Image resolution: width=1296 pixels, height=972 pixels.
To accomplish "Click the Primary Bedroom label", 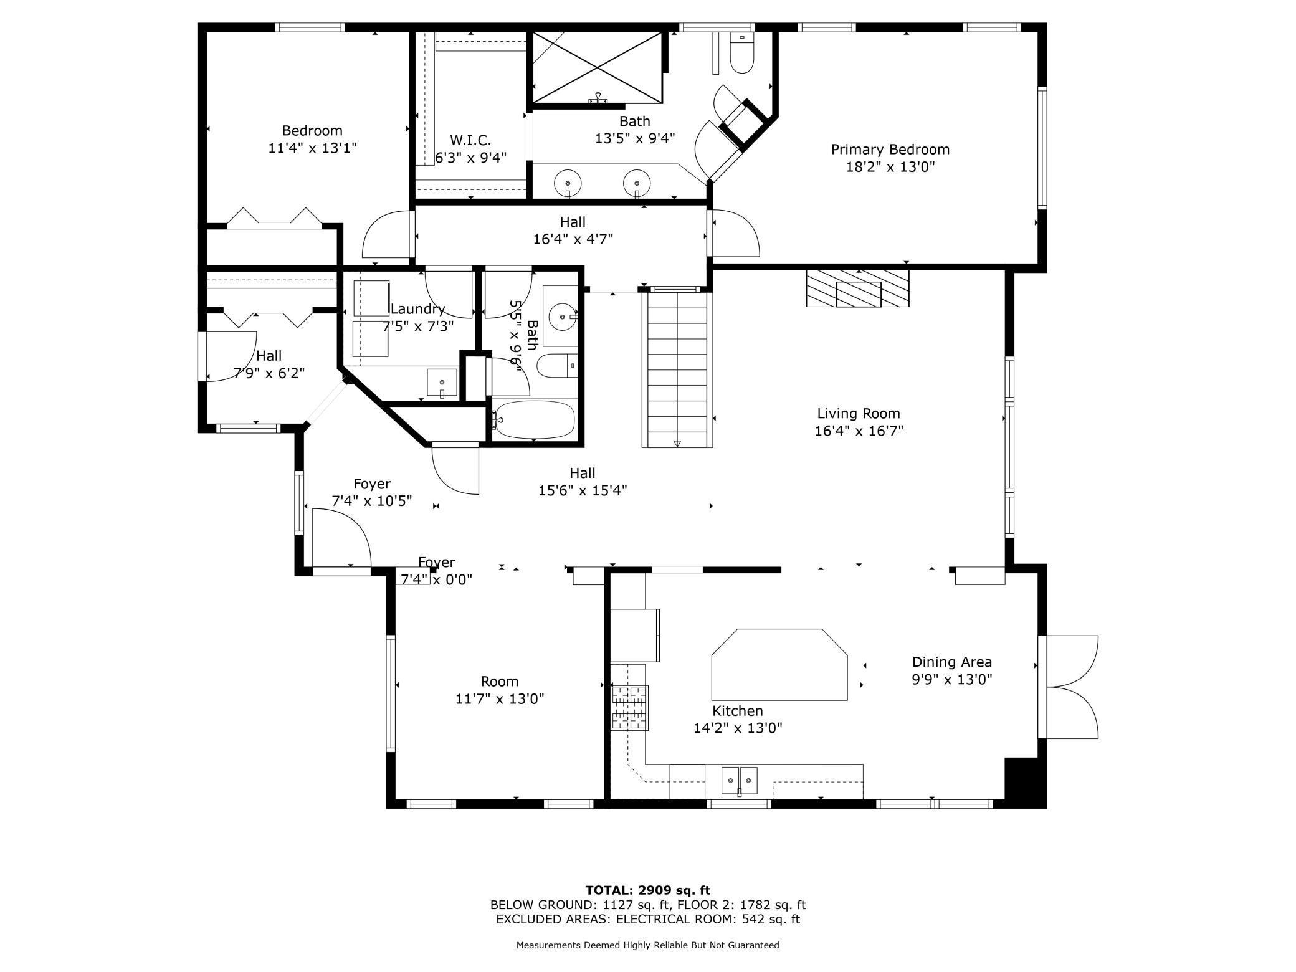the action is [890, 150].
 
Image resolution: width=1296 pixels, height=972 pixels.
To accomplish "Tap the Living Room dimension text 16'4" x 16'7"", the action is [859, 431].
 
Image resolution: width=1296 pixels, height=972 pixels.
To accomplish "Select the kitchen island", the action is [779, 664].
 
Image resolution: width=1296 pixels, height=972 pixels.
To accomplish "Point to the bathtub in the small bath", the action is [534, 419].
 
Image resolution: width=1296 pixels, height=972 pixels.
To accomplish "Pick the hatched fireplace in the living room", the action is [857, 288].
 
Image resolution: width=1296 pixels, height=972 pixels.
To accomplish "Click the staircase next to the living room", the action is [677, 369].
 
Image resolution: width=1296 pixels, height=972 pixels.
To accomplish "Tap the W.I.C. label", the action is [470, 140].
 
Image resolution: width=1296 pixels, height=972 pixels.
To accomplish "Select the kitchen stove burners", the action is [629, 707].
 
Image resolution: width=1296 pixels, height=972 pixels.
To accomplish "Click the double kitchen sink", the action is [740, 781].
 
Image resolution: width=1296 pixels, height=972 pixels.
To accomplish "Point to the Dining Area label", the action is [951, 662].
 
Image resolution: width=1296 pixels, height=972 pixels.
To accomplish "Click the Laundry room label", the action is [417, 309].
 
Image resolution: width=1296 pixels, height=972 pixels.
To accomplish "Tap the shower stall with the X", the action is [598, 68].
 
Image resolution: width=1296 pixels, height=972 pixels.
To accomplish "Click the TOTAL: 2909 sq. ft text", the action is [648, 890].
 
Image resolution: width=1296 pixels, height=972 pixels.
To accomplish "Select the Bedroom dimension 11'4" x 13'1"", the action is [312, 148].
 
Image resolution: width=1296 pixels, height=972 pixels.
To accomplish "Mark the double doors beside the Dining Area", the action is [1068, 687].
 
